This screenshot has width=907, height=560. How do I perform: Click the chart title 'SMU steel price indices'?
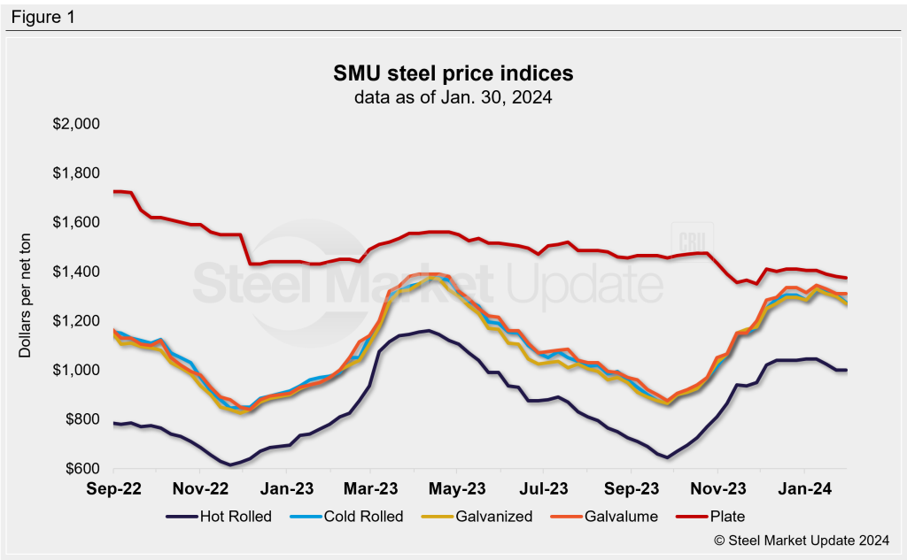453,73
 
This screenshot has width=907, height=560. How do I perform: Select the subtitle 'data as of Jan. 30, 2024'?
453,97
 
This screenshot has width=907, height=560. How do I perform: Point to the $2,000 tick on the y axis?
76,123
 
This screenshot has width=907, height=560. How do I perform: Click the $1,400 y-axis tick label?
76,271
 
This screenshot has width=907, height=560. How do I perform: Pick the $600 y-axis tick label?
82,468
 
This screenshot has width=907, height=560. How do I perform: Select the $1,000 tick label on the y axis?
76,370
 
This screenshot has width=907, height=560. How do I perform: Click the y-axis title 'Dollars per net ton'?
27,295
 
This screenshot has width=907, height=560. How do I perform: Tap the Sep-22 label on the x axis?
114,487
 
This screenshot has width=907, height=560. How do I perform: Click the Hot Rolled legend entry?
225,516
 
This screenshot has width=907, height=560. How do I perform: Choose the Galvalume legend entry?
609,516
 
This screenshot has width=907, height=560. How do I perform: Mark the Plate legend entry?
713,516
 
